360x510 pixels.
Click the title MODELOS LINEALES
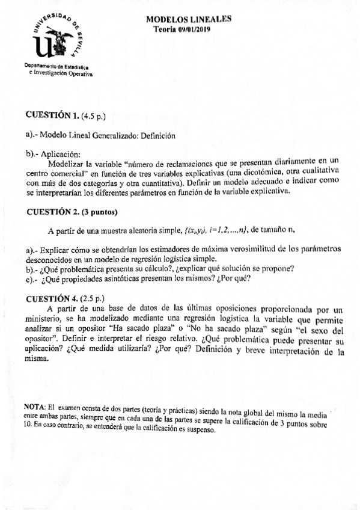189,19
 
